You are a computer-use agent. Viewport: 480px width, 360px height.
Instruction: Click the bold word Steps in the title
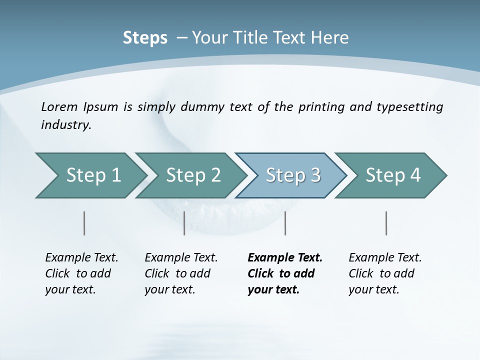coord(145,38)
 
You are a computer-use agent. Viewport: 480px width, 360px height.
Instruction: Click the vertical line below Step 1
coord(84,223)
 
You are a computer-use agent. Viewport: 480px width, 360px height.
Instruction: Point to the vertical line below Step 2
coord(184,223)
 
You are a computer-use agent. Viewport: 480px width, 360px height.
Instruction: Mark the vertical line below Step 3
coord(285,223)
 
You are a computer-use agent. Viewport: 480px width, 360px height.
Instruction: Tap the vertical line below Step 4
coord(386,223)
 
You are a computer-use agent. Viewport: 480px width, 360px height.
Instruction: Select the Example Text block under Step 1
coord(81,273)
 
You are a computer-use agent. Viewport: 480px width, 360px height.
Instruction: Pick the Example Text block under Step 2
coord(181,273)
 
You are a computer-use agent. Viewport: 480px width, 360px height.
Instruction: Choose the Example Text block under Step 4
coord(385,273)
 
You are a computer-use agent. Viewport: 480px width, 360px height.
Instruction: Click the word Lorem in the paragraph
coord(59,107)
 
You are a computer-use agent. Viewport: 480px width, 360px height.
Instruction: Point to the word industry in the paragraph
coord(65,125)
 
